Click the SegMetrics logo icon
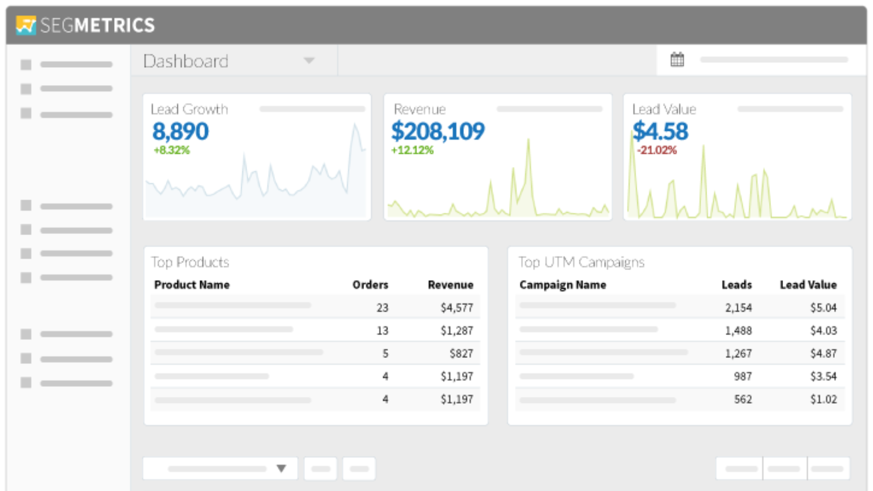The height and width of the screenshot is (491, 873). point(26,25)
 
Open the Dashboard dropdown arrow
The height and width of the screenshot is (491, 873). point(309,61)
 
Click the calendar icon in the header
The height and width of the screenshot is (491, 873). point(677,59)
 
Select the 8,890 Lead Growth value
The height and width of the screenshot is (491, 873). point(180,131)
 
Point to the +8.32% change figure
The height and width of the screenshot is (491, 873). point(171,150)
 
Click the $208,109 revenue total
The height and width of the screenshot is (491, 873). point(438,131)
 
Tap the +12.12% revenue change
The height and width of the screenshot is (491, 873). point(412,150)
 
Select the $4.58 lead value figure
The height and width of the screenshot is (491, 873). point(660,131)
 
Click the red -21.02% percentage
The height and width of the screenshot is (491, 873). point(657,150)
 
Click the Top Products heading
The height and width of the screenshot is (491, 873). point(190,262)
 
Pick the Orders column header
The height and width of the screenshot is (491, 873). point(370,285)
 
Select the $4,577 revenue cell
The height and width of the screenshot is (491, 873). point(457,308)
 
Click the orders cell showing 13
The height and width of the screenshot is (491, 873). point(382,331)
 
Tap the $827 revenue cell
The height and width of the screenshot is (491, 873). point(461,354)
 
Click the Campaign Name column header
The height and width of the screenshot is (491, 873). point(563,285)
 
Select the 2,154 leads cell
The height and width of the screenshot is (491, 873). point(738,308)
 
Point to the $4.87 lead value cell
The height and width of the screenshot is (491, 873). point(823,354)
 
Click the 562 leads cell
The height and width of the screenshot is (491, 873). point(743,399)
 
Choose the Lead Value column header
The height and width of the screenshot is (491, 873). point(808,285)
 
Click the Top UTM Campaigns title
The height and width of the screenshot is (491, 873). point(581,262)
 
